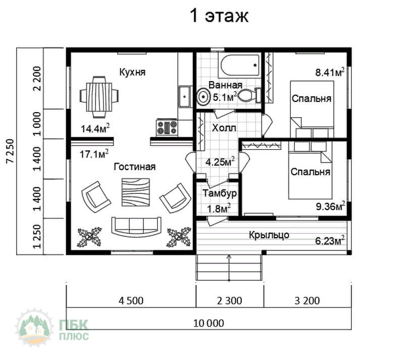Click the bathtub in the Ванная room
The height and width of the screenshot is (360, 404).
tap(239, 66)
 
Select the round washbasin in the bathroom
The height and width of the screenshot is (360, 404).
tap(204, 96)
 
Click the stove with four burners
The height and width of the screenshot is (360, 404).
tap(167, 127)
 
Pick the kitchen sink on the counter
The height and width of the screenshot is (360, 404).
tap(185, 96)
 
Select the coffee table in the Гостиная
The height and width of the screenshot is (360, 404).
tap(136, 192)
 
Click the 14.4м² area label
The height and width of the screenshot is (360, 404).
tap(95, 128)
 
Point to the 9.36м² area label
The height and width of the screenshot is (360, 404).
tap(330, 206)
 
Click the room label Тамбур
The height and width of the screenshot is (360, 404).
tap(220, 193)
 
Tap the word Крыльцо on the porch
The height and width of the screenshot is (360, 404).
tap(269, 235)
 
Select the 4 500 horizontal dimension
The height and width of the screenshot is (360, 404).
tap(131, 301)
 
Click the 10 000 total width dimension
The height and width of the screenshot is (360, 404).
tap(209, 323)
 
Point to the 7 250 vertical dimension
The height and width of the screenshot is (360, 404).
tap(10, 151)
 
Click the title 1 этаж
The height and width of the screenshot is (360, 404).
tap(219, 16)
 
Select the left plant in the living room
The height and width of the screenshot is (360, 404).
tap(89, 237)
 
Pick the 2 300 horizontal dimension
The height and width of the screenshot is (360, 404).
tap(229, 301)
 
